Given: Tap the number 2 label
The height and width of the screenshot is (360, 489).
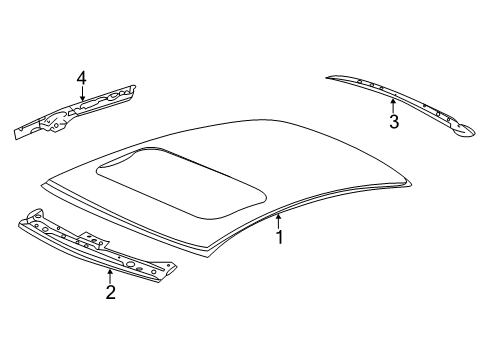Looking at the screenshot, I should pyautogui.click(x=110, y=292).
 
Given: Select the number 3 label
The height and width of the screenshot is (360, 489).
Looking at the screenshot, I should pyautogui.click(x=394, y=122).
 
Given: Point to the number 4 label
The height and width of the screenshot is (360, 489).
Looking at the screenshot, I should pyautogui.click(x=82, y=76).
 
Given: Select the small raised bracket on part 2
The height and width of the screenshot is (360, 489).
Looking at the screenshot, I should pyautogui.click(x=97, y=240).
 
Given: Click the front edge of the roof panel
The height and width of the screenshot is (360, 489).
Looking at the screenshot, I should pyautogui.click(x=130, y=220).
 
